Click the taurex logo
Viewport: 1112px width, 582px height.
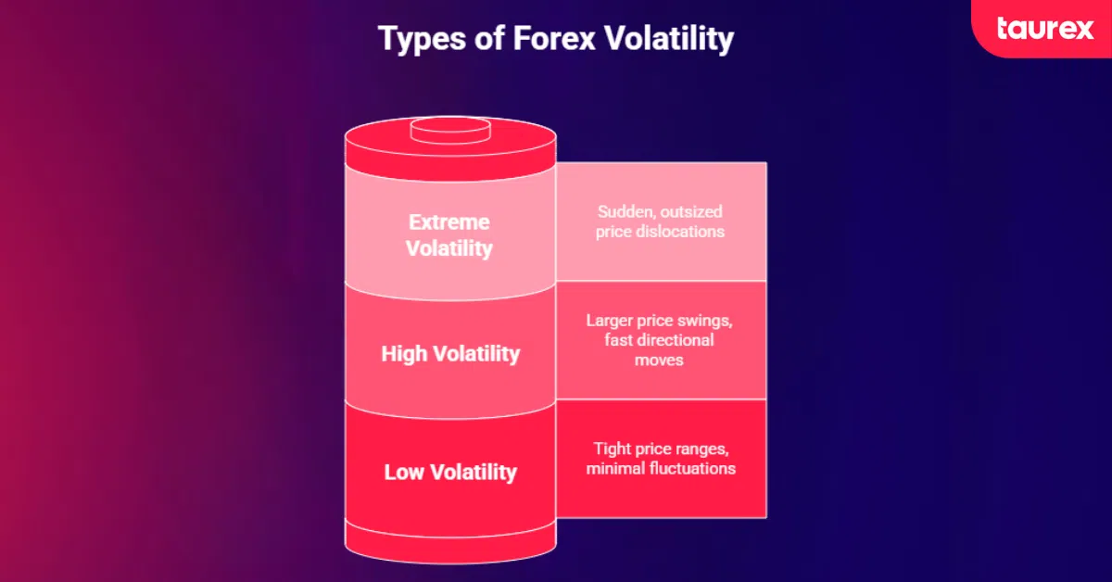[1044, 29]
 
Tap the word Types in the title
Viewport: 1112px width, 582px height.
[414, 40]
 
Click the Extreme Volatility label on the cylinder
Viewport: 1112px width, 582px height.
[450, 235]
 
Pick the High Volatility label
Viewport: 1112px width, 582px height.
[450, 354]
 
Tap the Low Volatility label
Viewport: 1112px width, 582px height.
[450, 472]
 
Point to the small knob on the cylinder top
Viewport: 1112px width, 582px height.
[450, 129]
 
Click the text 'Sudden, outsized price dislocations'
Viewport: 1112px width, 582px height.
[661, 221]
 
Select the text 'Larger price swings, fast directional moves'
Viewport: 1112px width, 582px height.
[661, 339]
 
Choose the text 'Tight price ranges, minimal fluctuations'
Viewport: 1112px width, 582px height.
[661, 458]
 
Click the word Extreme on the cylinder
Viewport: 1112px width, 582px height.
[450, 222]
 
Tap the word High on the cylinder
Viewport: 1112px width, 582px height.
[405, 354]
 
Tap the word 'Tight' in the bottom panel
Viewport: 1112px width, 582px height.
[613, 449]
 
